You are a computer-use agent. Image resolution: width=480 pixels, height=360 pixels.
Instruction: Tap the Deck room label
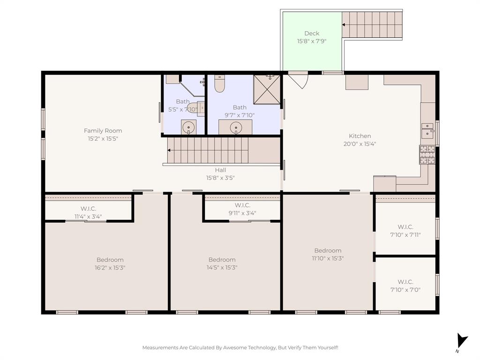[x=312, y=33]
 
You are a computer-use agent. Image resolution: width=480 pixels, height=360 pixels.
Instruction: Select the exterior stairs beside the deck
[x=372, y=24]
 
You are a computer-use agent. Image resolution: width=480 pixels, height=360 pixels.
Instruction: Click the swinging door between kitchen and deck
[x=299, y=80]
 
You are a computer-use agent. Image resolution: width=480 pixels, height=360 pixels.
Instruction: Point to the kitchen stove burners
[x=427, y=155]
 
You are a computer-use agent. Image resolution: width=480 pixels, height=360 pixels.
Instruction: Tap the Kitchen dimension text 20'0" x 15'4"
[x=360, y=144]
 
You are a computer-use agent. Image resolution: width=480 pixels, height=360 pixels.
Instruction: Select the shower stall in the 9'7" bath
[x=267, y=89]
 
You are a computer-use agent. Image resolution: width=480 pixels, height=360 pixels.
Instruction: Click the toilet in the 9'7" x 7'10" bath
[x=219, y=83]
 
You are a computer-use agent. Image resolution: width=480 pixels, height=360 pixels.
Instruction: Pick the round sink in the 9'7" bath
[x=235, y=127]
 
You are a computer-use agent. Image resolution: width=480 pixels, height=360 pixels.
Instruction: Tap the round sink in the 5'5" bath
[x=188, y=127]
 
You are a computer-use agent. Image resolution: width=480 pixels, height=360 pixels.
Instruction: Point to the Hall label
[x=220, y=170]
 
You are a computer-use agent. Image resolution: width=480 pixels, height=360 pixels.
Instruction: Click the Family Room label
[x=103, y=131]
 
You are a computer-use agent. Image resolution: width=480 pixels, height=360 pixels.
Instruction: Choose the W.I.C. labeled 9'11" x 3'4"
[x=242, y=209]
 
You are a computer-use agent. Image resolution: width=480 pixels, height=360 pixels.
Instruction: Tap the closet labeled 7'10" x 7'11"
[x=405, y=231]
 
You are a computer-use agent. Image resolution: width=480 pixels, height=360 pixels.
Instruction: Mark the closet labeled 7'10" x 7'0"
[x=405, y=285]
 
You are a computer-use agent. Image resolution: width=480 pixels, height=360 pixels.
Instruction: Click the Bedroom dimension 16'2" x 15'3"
[x=110, y=268]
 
